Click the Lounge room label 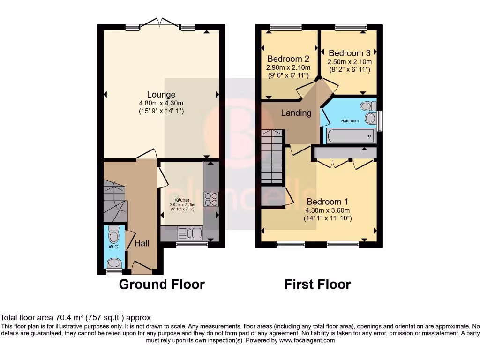click(161, 95)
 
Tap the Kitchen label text click(182, 200)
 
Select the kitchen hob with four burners click(210, 199)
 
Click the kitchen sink click(190, 233)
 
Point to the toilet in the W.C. click(113, 233)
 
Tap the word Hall click(142, 243)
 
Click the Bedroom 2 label click(288, 59)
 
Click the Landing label click(296, 113)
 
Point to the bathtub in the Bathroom click(349, 136)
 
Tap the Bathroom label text click(349, 121)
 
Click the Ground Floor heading click(162, 285)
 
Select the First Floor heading click(318, 285)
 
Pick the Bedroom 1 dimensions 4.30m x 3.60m click(328, 210)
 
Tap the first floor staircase click(272, 157)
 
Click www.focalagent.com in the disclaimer click(307, 340)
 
